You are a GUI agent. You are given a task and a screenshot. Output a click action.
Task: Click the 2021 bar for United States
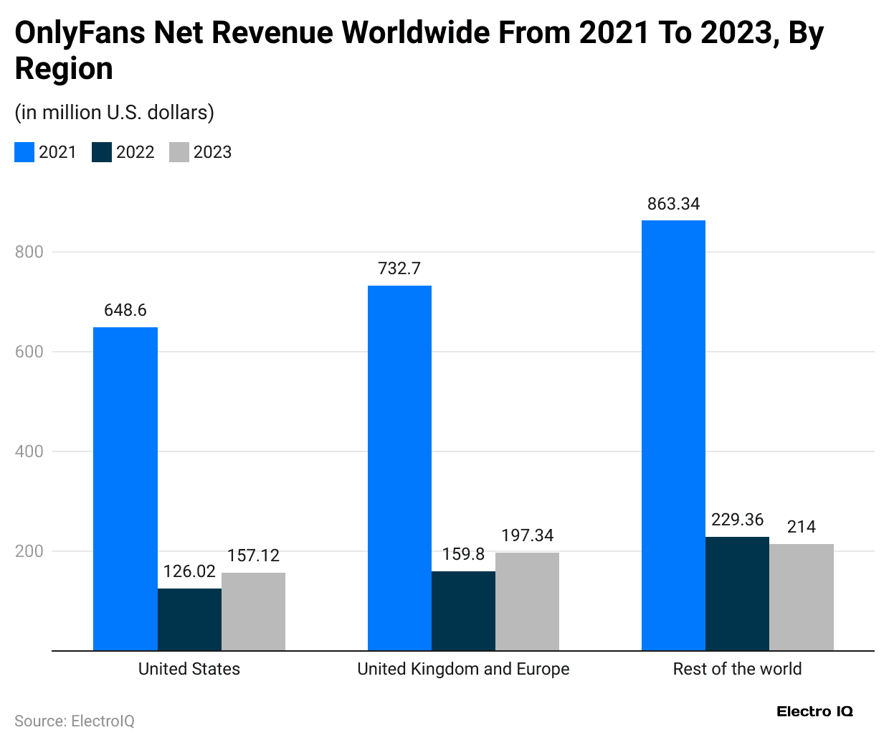click(125, 489)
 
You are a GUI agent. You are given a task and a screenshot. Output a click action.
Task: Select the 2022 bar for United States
click(189, 619)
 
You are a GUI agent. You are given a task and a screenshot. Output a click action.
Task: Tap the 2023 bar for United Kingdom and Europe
click(527, 601)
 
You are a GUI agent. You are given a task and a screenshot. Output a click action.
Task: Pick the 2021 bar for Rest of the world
click(673, 435)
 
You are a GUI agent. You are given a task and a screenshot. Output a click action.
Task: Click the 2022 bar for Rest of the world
click(737, 594)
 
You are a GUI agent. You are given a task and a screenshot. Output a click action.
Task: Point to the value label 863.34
click(673, 204)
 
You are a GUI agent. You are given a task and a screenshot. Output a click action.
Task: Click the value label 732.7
click(399, 268)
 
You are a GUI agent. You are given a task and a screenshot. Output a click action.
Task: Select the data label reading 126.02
click(189, 571)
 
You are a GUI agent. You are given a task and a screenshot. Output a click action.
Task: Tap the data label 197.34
click(527, 535)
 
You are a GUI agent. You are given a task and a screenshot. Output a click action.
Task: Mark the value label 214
click(801, 527)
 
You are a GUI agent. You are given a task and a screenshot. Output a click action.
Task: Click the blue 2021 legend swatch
click(24, 152)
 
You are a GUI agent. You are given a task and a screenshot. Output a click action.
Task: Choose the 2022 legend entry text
click(135, 152)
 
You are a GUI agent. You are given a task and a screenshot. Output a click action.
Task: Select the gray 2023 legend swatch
click(179, 152)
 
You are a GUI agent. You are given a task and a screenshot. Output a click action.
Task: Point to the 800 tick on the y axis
click(29, 252)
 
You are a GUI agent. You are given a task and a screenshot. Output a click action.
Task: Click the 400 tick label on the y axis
click(29, 451)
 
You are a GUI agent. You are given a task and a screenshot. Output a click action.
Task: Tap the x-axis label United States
click(189, 669)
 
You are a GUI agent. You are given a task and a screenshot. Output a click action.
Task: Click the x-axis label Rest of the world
click(737, 669)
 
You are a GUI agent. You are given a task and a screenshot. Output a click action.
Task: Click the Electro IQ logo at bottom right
click(814, 711)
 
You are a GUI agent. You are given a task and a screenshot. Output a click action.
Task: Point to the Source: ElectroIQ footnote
click(75, 721)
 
